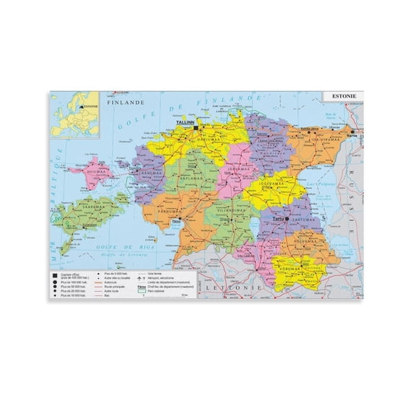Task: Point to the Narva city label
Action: [x=352, y=135]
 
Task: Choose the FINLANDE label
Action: [x=121, y=104]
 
